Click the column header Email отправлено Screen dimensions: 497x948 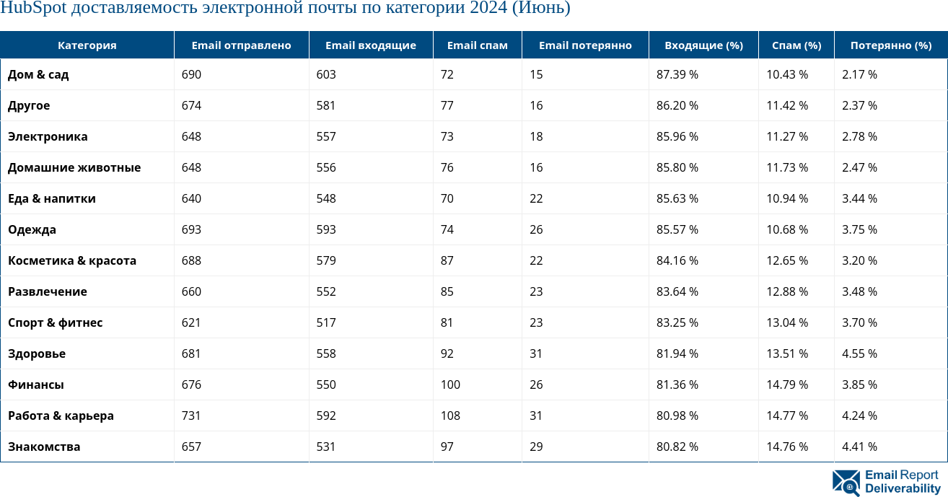click(241, 45)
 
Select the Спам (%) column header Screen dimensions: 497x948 click(796, 45)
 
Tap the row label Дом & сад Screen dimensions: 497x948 click(38, 74)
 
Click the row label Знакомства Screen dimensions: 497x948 click(44, 447)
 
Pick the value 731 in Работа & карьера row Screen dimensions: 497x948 click(191, 415)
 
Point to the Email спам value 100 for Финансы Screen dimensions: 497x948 click(450, 384)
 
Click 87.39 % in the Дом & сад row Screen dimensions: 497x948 click(677, 74)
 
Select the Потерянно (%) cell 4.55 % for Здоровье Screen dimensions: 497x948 click(859, 353)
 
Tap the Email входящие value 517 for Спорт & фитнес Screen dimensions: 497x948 click(326, 322)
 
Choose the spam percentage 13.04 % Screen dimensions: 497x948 click(787, 322)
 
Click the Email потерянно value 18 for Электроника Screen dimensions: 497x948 click(536, 136)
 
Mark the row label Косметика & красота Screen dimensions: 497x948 click(72, 260)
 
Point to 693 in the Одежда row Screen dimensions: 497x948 click(191, 229)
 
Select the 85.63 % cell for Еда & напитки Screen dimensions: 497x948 click(677, 198)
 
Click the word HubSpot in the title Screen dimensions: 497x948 click(33, 9)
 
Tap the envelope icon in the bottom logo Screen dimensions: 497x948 click(846, 483)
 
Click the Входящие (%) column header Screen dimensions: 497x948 click(703, 45)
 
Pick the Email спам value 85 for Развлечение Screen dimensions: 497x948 click(447, 291)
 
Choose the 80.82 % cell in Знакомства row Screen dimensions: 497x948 click(677, 447)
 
